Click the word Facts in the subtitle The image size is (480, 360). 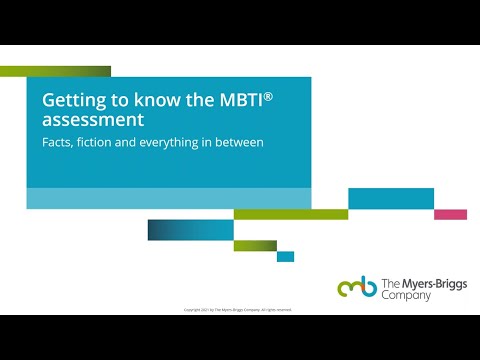click(56, 143)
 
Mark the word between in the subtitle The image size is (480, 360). click(240, 143)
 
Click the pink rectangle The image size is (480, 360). click(450, 214)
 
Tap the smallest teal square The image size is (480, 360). click(285, 256)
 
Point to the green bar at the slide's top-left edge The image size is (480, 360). click(55, 71)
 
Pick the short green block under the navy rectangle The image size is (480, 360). click(255, 245)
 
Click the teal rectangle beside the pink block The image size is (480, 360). click(391, 198)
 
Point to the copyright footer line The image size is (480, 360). click(238, 310)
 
